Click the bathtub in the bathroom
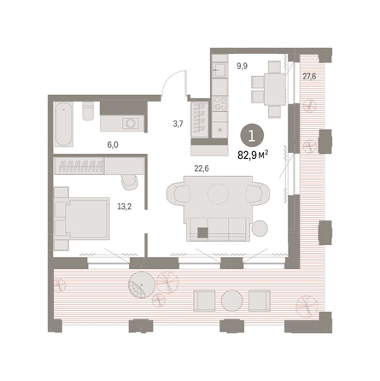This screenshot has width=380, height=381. pyautogui.click(x=63, y=125)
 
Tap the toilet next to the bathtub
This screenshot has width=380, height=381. pyautogui.click(x=88, y=111)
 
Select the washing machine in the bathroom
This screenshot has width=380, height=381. pyautogui.click(x=131, y=123)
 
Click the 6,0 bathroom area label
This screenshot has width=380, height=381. pyautogui.click(x=113, y=145)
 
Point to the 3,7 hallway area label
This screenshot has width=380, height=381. pyautogui.click(x=178, y=124)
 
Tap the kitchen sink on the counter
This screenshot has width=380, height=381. pyautogui.click(x=219, y=69)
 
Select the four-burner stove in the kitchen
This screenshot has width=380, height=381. pyautogui.click(x=220, y=103)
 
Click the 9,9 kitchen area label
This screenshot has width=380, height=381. pyautogui.click(x=242, y=66)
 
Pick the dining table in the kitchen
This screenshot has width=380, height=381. pyautogui.click(x=274, y=90)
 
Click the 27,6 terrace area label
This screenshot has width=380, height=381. pyautogui.click(x=309, y=76)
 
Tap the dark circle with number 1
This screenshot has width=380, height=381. pyautogui.click(x=252, y=136)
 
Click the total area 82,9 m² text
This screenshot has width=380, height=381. pyautogui.click(x=254, y=155)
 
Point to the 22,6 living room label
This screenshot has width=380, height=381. pyautogui.click(x=202, y=168)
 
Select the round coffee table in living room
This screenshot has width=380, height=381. pyautogui.click(x=218, y=194)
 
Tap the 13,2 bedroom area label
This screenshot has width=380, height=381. pyautogui.click(x=125, y=207)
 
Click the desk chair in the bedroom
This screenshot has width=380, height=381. pyautogui.click(x=129, y=182)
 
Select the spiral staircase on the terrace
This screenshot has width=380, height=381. pyautogui.click(x=142, y=285)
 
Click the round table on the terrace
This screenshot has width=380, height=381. pyautogui.click(x=232, y=301)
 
